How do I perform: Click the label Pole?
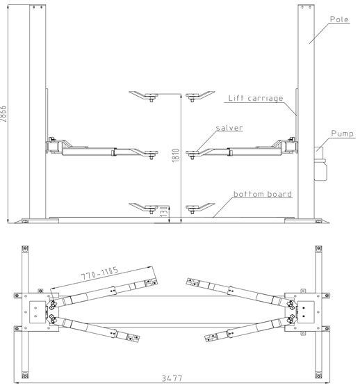pos(339,19)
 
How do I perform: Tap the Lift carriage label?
pos(255,99)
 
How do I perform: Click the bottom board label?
pos(262,194)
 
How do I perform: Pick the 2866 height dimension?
pos(6,114)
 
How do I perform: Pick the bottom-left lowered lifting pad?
pos(148,207)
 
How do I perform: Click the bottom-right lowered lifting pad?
pos(198,207)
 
